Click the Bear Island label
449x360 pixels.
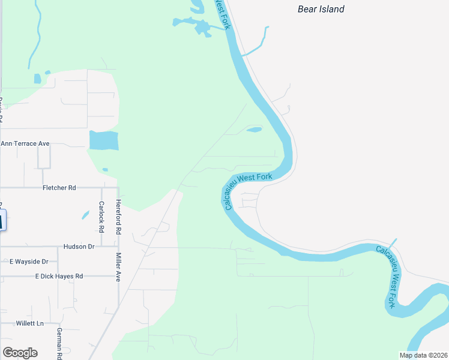pos(321,9)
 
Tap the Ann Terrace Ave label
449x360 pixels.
pos(25,144)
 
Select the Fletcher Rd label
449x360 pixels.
pos(59,188)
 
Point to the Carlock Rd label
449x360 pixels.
pos(101,217)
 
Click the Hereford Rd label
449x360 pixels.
pos(119,217)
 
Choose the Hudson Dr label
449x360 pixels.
pos(79,247)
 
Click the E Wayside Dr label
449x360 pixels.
pos(33,262)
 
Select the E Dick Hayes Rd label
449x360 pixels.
pos(59,276)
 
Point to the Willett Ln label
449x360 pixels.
pos(31,323)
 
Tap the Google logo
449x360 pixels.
pos(20,353)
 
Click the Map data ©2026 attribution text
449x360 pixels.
pos(423,355)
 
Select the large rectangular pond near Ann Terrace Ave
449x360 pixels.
pos(103,140)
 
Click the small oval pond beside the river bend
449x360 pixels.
pos(255,129)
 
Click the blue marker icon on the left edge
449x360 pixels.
pos(2,220)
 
